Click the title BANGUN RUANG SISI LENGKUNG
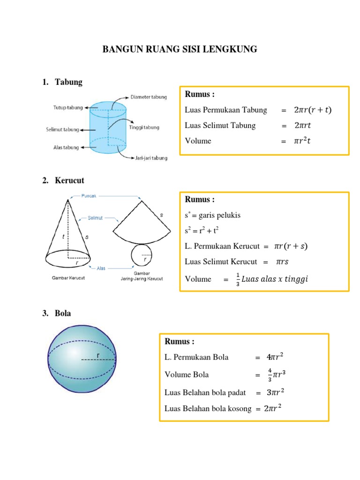[180, 49]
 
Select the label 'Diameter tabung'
[149, 97]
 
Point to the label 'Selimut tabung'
[62, 129]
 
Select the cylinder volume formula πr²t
[302, 141]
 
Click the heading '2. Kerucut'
[63, 180]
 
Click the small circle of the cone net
[141, 255]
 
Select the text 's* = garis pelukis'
[206, 215]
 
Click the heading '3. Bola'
[56, 313]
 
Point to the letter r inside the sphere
[98, 355]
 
